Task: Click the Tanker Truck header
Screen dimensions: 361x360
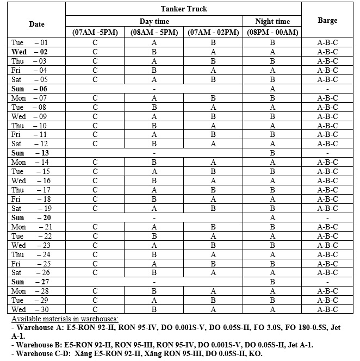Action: [x=183, y=9]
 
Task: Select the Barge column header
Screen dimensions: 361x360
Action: [x=327, y=21]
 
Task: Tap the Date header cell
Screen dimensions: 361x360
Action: [x=37, y=24]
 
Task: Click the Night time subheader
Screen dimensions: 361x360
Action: [x=272, y=21]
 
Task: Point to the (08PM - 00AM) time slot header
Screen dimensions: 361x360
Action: [x=272, y=32]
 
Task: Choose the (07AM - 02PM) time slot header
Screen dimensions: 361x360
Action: [x=213, y=32]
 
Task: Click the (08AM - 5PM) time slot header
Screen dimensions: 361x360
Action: [x=154, y=32]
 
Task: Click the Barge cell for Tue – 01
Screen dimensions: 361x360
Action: [x=327, y=42]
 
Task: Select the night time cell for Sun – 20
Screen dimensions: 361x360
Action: [x=272, y=217]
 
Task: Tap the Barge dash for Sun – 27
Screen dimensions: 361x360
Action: [x=327, y=282]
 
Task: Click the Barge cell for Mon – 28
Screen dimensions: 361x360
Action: [x=327, y=291]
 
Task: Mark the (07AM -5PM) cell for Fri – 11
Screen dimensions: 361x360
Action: [x=95, y=134]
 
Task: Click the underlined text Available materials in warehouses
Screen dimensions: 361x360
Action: [x=65, y=319]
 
